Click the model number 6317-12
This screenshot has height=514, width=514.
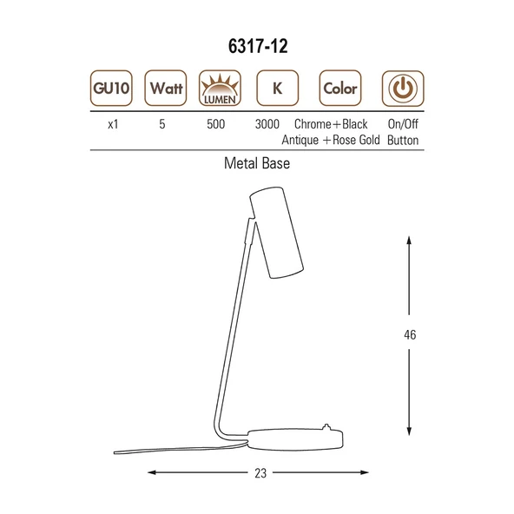point(258,46)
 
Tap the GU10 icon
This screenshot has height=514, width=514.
point(111,88)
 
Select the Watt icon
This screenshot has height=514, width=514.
point(166,88)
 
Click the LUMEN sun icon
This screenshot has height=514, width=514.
point(220,88)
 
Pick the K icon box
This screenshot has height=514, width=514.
point(277,88)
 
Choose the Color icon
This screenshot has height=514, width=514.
point(340,88)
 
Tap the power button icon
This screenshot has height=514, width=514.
point(403,89)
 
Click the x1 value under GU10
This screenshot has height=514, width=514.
point(113,124)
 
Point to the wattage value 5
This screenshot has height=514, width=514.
point(162,124)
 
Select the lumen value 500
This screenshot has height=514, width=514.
point(215,124)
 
